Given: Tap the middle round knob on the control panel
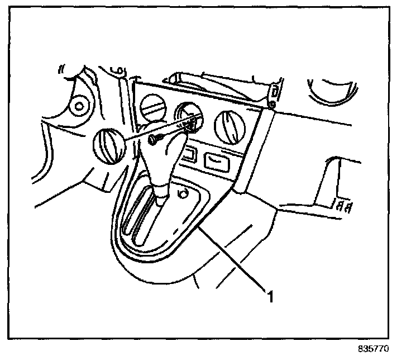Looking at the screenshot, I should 188,117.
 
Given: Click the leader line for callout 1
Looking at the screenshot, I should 235,257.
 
